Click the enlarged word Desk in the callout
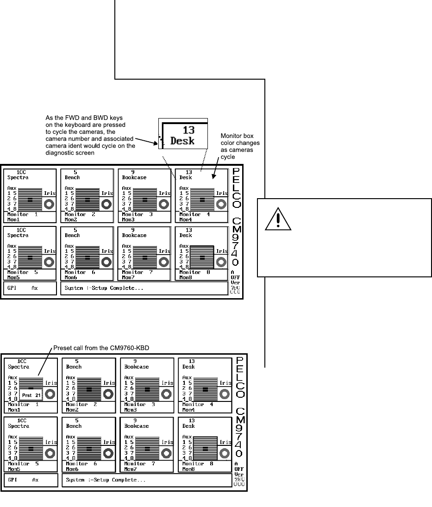(182, 141)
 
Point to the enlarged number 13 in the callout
(188, 130)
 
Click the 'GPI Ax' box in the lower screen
(31, 480)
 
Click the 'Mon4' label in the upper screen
(185, 220)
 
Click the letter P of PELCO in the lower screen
(239, 360)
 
